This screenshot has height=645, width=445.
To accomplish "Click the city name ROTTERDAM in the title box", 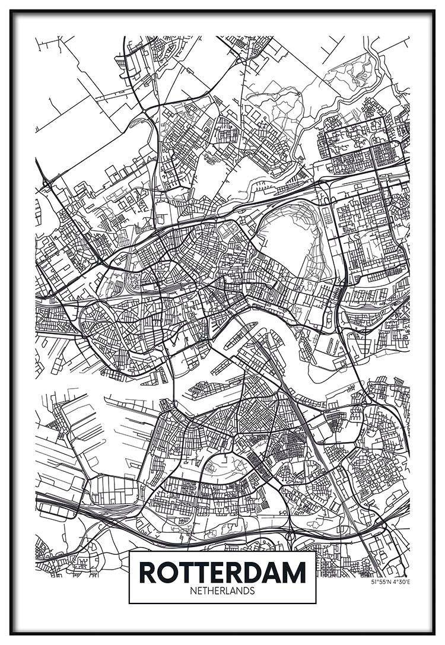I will pyautogui.click(x=223, y=572).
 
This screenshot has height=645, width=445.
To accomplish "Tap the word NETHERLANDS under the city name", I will pyautogui.click(x=223, y=591).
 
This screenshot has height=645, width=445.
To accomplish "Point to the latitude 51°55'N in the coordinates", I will pyautogui.click(x=381, y=582).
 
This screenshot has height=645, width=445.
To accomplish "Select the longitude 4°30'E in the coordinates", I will pyautogui.click(x=401, y=582).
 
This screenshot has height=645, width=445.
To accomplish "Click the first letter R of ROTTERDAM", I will pyautogui.click(x=149, y=572).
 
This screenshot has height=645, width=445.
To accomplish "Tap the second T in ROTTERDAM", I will pyautogui.click(x=205, y=572).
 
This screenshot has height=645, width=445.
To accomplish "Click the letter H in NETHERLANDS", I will pyautogui.click(x=211, y=591).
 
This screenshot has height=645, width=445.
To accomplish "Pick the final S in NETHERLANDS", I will pyautogui.click(x=252, y=591).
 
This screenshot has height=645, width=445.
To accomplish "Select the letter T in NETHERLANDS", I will pyautogui.click(x=205, y=591).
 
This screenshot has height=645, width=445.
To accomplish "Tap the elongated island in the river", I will pyautogui.click(x=240, y=335).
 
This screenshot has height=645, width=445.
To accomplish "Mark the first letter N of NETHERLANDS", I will pyautogui.click(x=193, y=591).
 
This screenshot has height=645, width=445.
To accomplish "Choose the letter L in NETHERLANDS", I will pyautogui.click(x=228, y=591).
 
